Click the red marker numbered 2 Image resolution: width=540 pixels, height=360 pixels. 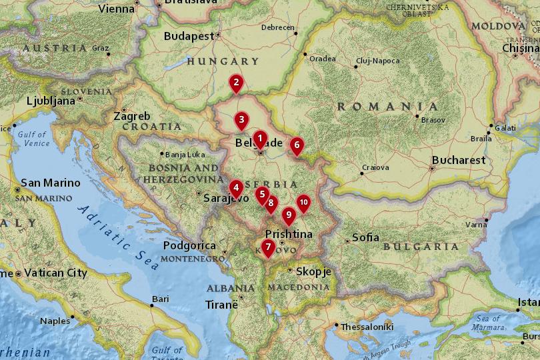click(235, 83)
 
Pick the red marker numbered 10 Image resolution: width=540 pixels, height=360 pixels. click(303, 203)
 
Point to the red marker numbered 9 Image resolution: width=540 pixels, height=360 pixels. click(288, 215)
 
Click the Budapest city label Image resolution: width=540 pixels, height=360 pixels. click(188, 36)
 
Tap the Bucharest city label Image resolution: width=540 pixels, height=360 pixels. click(459, 161)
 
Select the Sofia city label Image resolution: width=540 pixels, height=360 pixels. click(365, 237)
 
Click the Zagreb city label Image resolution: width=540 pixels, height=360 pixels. click(131, 116)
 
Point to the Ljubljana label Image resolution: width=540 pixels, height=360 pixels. click(51, 101)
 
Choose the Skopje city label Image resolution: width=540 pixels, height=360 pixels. click(309, 271)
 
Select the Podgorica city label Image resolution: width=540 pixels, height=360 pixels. click(189, 245)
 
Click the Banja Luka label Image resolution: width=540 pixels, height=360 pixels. click(185, 155)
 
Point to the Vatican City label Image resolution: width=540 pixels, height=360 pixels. click(55, 273)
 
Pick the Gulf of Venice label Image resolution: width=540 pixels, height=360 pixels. click(33, 139)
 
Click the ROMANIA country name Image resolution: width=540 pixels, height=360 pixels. click(387, 107)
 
